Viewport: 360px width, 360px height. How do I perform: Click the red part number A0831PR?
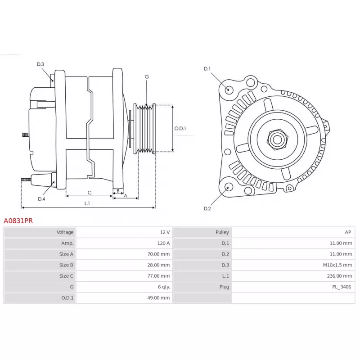(18, 221)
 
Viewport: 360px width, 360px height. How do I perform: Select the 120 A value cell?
(163, 243)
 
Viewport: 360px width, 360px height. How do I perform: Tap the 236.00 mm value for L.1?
(339, 276)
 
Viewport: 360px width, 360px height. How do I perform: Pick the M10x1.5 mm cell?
(337, 265)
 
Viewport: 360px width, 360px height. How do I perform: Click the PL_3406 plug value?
(342, 287)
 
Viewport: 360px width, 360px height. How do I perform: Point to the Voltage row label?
(65, 232)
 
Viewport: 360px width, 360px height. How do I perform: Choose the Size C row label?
(66, 276)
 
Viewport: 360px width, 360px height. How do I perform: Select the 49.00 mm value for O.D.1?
(158, 298)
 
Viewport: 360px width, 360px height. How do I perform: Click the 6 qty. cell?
(164, 287)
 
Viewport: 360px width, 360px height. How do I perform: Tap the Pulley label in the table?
(222, 232)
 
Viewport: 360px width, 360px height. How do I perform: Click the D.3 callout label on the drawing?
(40, 64)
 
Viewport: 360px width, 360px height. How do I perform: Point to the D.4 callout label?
(41, 199)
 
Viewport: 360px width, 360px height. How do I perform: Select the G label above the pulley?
(147, 76)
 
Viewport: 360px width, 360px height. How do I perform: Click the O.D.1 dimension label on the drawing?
(180, 128)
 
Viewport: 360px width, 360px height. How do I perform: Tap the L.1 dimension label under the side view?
(87, 203)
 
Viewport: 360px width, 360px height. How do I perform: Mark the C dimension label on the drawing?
(90, 193)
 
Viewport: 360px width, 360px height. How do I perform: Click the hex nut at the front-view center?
(277, 139)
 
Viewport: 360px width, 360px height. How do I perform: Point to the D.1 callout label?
(207, 69)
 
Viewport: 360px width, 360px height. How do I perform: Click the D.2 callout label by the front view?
(207, 208)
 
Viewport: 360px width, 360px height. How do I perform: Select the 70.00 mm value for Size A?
(158, 254)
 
